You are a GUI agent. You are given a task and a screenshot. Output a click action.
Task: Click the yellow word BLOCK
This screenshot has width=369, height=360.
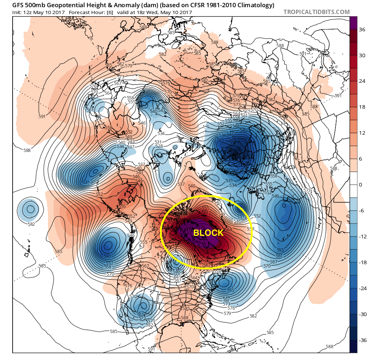point(208,233)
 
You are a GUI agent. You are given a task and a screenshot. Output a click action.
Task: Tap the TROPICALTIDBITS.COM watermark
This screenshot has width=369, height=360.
point(316,12)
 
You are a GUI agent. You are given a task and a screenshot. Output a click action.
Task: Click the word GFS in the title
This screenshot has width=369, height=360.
point(19,5)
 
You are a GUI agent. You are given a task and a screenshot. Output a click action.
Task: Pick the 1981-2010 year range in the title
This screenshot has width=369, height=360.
point(227,5)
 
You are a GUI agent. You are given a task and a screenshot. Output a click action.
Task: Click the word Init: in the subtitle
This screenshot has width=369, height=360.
point(18,13)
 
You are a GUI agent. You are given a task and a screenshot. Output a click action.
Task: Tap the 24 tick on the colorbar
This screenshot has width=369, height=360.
point(361,81)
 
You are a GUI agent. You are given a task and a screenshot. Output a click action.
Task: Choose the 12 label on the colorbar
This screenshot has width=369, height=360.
point(361,133)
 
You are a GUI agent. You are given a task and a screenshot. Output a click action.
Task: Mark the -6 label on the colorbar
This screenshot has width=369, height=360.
point(361,211)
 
